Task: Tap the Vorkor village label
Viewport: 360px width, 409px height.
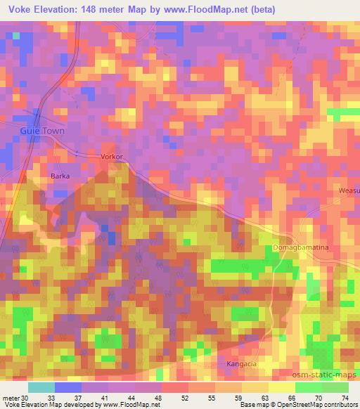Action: tap(112, 157)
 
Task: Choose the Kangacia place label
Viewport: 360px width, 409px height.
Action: tap(242, 363)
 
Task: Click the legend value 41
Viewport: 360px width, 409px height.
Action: tap(105, 397)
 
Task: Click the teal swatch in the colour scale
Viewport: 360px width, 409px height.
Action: tap(41, 387)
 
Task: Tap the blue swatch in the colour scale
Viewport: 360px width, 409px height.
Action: tap(68, 387)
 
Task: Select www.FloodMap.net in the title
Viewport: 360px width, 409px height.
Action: tap(207, 9)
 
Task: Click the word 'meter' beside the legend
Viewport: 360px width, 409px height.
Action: tap(10, 397)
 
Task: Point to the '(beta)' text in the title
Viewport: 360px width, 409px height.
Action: tap(259, 9)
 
